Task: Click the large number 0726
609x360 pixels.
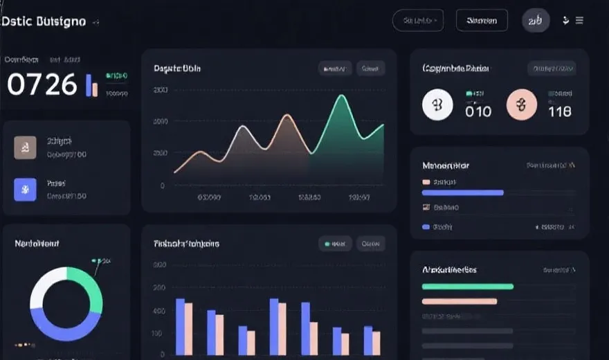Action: [x=42, y=84]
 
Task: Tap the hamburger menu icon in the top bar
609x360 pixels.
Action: [x=579, y=21]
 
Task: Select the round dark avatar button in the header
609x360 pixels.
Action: [x=536, y=21]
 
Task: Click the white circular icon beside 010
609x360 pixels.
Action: [x=437, y=105]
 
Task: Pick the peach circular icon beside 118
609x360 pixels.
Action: [x=522, y=105]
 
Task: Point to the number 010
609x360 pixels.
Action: [x=478, y=111]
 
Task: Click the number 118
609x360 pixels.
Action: [x=559, y=111]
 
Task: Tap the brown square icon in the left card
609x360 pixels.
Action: [x=25, y=147]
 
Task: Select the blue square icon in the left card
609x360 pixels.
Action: [x=25, y=189]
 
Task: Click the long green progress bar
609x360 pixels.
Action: [x=467, y=286]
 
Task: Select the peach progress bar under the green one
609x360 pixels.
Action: [x=459, y=301]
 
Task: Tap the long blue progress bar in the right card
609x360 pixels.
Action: [x=462, y=192]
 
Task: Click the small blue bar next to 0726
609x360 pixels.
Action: [x=88, y=85]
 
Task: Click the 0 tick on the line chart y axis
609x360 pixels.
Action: [x=163, y=186]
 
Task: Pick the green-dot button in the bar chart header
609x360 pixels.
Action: [x=335, y=244]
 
